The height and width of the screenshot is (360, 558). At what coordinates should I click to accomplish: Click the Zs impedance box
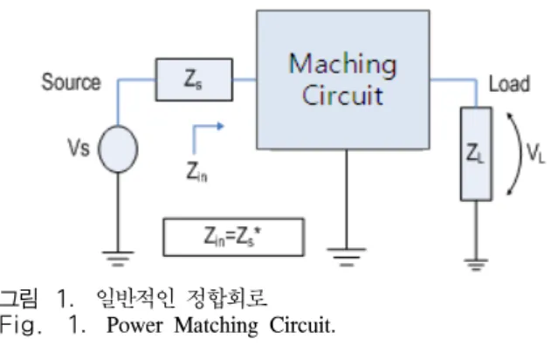point(194,80)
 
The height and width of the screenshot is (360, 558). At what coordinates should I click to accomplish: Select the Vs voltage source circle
point(118,149)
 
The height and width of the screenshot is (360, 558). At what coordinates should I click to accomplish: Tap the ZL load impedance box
point(476,154)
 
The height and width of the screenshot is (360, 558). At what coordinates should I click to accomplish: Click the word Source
point(72,82)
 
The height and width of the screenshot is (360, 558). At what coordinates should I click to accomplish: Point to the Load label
point(510,84)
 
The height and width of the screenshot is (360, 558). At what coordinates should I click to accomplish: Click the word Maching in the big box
point(342,64)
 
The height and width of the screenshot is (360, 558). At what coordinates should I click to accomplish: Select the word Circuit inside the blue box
point(342,95)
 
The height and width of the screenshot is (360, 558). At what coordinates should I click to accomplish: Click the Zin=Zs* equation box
point(233,237)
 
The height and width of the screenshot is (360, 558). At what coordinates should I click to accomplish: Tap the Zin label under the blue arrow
point(196,171)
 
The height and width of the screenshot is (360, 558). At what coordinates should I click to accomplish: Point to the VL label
point(535,154)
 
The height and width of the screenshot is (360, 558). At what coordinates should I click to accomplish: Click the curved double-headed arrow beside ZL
point(520,154)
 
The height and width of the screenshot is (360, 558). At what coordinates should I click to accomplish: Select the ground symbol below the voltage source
point(118,259)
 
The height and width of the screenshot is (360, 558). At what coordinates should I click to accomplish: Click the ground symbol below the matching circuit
point(347,257)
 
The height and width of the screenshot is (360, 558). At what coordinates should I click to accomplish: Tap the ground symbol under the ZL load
point(476,265)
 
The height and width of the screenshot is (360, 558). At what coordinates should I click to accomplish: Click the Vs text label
point(79,148)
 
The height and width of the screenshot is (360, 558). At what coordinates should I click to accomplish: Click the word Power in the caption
point(134,325)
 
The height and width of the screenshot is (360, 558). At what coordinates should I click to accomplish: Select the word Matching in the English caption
point(216,326)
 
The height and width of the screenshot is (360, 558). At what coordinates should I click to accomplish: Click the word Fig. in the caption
point(21,326)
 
